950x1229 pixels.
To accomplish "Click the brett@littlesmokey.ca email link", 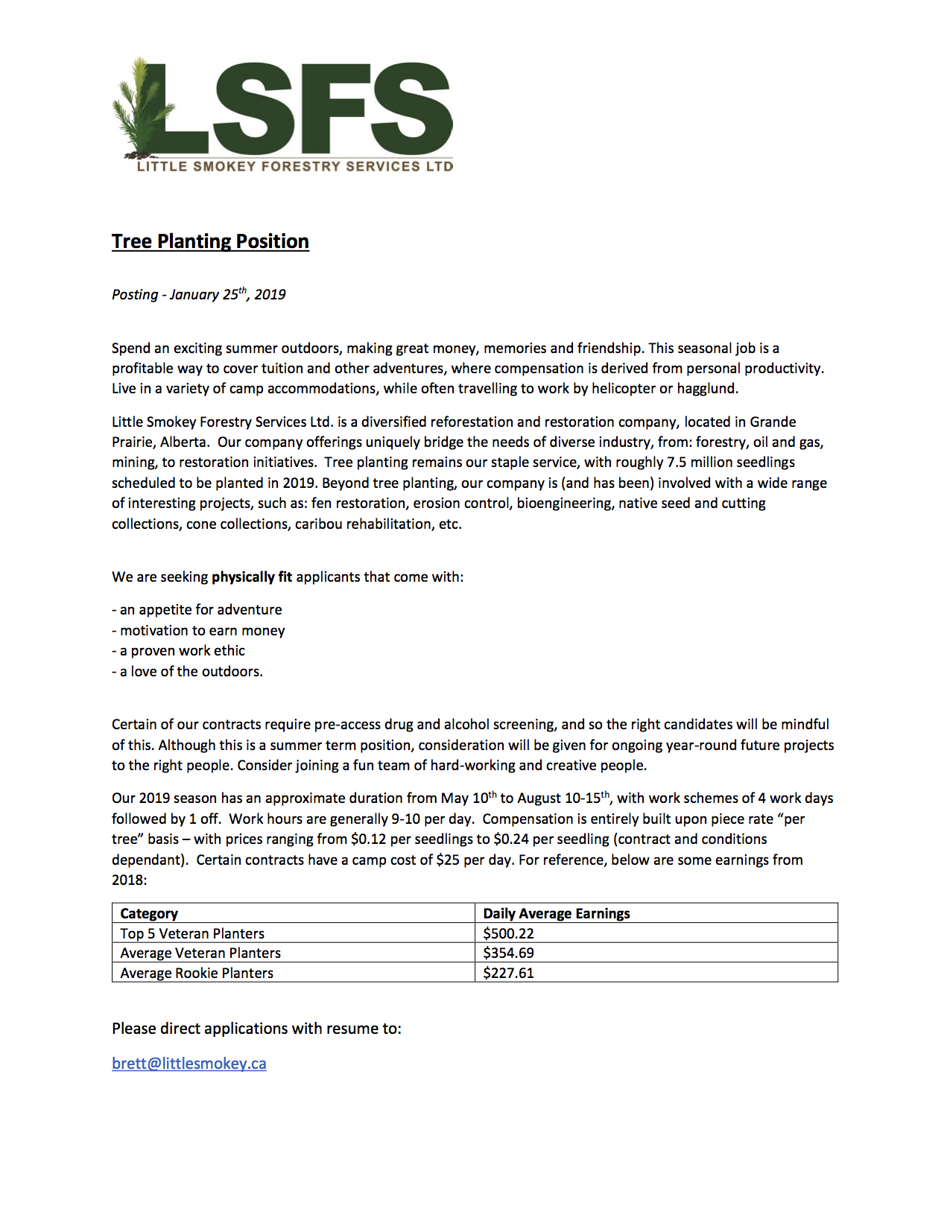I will (189, 1064).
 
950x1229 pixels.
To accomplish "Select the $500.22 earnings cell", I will (508, 933).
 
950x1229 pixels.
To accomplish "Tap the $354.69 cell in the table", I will (508, 953).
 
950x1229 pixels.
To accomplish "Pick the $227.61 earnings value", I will (508, 973).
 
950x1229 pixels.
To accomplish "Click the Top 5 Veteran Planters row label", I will (192, 933).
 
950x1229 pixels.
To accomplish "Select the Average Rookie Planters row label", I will (197, 973).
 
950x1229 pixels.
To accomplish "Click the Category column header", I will (149, 913).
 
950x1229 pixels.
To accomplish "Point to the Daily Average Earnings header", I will (556, 913).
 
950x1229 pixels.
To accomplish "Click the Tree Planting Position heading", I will (210, 241).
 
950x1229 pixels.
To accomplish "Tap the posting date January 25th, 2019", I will (227, 294).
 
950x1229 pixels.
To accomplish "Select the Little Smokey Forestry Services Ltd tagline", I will (295, 166).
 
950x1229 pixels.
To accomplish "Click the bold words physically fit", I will (252, 577).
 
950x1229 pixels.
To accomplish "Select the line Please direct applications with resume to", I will (256, 1029).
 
